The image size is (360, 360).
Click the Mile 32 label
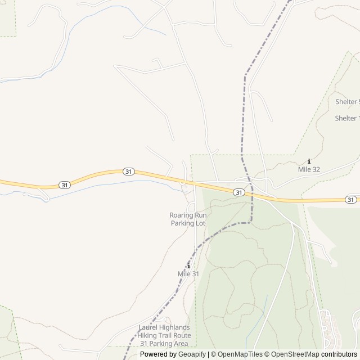click(309, 169)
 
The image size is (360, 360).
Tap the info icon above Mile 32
click(309, 161)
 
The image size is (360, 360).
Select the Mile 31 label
click(188, 273)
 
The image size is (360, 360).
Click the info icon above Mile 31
click(188, 266)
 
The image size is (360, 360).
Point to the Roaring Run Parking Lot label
click(188, 219)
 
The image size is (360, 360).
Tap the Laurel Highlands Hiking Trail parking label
click(164, 335)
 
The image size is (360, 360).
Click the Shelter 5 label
click(346, 102)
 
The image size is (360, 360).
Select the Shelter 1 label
click(346, 118)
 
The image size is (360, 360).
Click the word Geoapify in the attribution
click(191, 354)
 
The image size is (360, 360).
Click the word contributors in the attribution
click(339, 354)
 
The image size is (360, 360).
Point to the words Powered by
click(157, 354)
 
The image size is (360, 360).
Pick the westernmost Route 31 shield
click(65, 184)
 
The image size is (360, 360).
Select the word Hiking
click(149, 335)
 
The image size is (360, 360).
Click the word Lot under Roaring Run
click(201, 223)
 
